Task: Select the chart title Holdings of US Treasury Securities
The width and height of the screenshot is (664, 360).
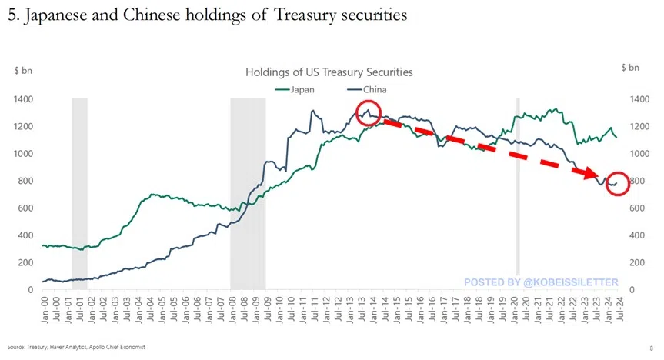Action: (329, 72)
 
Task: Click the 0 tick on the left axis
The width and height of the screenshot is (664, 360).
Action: (31, 290)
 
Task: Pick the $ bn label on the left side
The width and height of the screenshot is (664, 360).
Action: (22, 71)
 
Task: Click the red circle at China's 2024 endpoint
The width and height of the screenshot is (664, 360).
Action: (618, 185)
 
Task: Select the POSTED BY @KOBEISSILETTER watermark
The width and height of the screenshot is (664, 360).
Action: (540, 283)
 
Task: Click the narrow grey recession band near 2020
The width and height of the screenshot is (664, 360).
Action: (518, 192)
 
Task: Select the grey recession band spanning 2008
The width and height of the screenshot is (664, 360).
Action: (248, 192)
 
